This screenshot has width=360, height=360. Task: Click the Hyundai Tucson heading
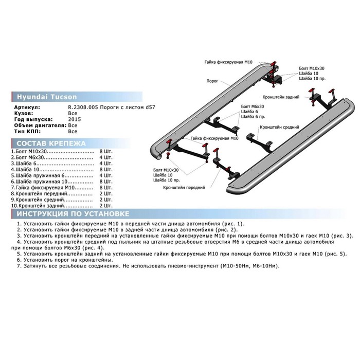point(47,97)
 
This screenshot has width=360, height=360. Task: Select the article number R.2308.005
point(83,107)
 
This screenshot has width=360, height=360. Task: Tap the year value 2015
point(75,119)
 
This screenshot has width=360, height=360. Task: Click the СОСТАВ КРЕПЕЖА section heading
point(51,143)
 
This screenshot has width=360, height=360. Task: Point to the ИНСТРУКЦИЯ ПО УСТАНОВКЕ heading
point(73,214)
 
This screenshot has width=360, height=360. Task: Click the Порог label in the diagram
point(212,81)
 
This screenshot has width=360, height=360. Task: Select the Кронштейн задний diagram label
point(281,97)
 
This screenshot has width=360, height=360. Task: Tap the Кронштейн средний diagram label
point(279,127)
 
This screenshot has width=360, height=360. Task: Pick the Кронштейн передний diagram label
point(184,188)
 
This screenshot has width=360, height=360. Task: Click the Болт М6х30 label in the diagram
point(253,106)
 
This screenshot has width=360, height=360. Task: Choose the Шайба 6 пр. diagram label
point(253,117)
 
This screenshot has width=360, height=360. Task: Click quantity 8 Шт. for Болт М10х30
point(106,152)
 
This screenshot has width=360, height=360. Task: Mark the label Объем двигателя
point(41,125)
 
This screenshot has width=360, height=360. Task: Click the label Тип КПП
point(27,131)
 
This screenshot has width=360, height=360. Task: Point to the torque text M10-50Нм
point(236,266)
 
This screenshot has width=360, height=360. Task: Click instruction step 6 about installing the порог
point(65,260)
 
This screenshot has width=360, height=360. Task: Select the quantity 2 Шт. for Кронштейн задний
point(106,206)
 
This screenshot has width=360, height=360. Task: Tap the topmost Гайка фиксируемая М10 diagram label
point(228,62)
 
